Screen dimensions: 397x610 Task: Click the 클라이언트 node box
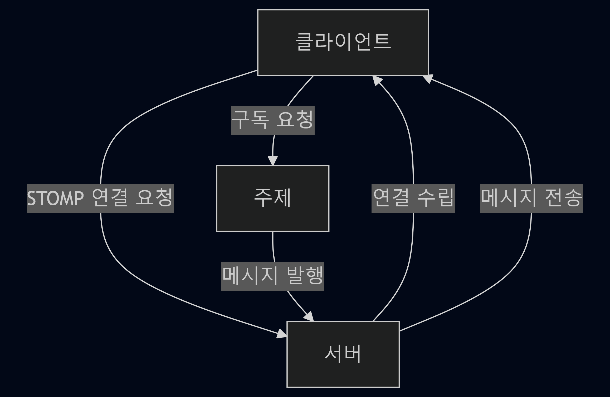click(343, 43)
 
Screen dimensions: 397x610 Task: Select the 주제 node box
click(272, 198)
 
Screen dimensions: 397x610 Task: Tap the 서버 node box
click(343, 354)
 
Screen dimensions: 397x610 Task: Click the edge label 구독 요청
click(272, 120)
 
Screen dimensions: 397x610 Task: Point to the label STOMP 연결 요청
click(100, 198)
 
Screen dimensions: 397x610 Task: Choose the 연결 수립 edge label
click(413, 198)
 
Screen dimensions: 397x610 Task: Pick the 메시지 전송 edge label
click(531, 198)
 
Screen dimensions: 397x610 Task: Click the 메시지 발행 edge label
click(272, 276)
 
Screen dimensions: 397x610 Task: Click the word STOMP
click(55, 198)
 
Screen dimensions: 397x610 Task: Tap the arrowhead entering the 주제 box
click(273, 161)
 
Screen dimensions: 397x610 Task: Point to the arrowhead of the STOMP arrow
click(282, 334)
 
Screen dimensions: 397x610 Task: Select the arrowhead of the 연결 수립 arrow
click(377, 80)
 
